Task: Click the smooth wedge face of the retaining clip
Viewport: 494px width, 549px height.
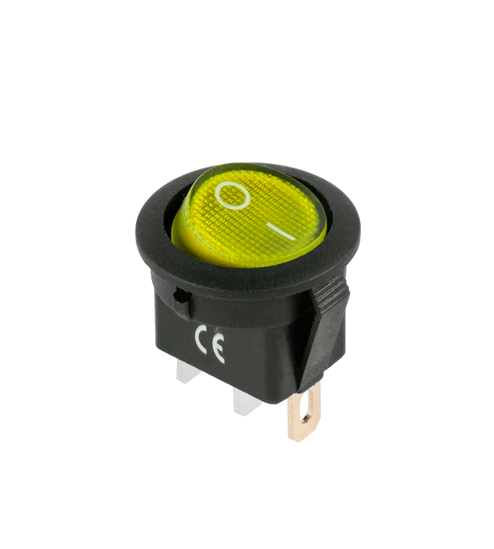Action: [x=327, y=339]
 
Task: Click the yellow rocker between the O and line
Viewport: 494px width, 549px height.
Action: [x=256, y=215]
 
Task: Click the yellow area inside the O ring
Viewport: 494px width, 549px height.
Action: [x=233, y=195]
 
